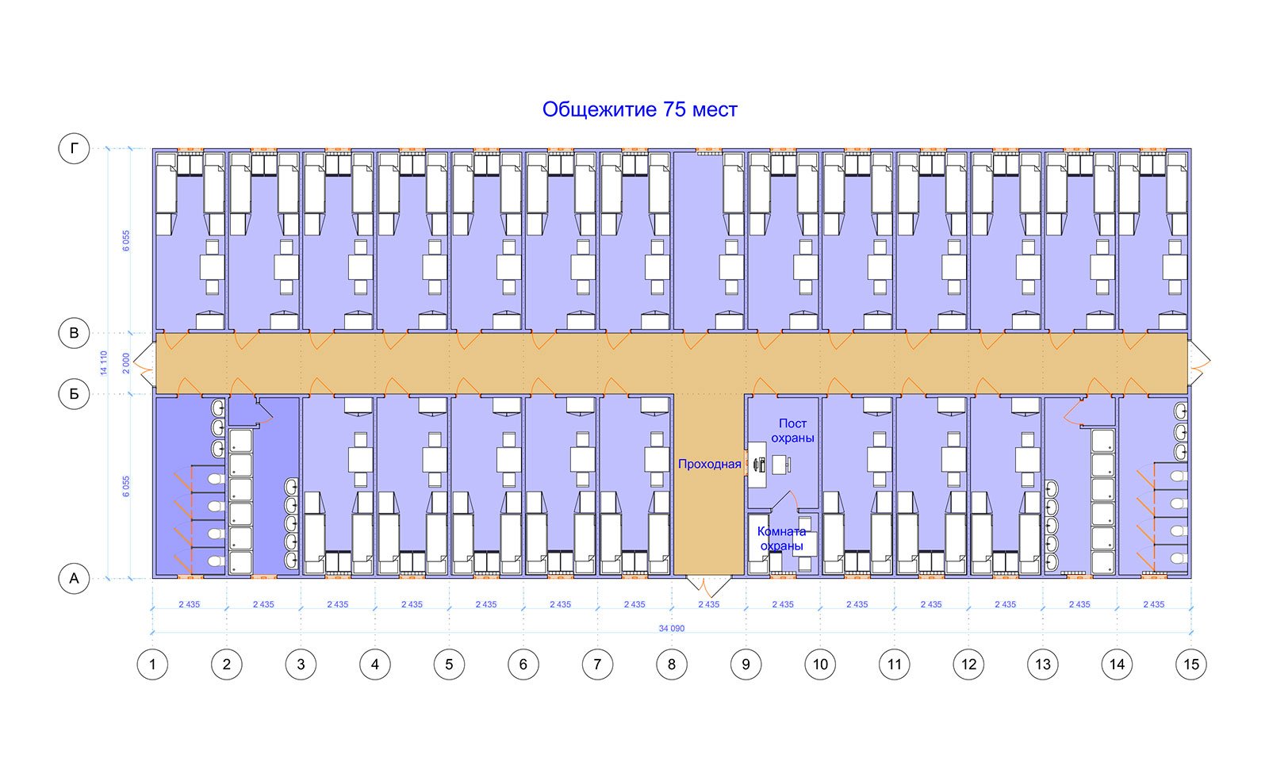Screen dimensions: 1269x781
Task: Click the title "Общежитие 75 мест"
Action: pos(639,109)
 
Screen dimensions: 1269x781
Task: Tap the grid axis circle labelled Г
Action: pos(75,148)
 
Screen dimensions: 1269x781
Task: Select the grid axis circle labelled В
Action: pos(75,333)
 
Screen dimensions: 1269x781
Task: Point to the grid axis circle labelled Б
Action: pos(75,394)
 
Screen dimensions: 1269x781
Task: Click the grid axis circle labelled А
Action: pos(75,578)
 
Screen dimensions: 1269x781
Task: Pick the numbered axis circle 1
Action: pos(152,664)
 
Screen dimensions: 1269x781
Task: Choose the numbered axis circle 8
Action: pos(672,664)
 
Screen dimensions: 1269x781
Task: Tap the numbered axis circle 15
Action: pos(1191,664)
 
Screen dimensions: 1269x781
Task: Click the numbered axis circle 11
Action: pos(895,664)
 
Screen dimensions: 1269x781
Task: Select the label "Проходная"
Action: pos(709,465)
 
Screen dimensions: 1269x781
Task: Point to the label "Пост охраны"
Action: pos(792,431)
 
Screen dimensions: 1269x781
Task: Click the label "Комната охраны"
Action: pos(782,538)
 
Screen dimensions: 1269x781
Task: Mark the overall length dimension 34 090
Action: pos(671,628)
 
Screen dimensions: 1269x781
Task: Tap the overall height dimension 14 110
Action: pos(104,362)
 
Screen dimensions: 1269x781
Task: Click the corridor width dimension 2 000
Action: pos(126,363)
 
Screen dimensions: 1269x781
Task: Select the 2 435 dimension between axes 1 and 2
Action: pos(190,604)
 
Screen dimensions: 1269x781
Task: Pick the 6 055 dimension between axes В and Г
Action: pos(126,241)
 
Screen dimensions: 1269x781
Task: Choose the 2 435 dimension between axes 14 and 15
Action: pos(1154,604)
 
